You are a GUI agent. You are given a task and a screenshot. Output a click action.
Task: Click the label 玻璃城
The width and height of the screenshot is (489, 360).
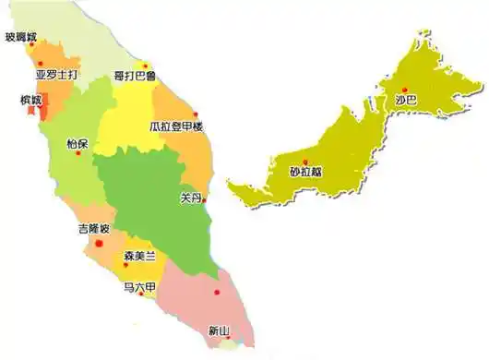21,38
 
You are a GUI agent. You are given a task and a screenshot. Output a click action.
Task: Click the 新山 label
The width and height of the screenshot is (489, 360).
220,329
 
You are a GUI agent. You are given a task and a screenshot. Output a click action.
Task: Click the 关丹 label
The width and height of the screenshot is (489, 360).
192,197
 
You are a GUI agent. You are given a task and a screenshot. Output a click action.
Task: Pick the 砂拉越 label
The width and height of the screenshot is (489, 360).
306,172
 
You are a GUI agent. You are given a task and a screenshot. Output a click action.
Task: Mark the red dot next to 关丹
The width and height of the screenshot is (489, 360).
205,198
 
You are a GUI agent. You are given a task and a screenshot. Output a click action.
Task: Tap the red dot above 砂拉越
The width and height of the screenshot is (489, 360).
305,162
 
